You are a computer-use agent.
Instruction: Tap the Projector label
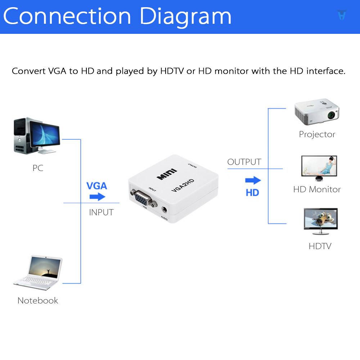click(317, 135)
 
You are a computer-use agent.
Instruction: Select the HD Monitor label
click(317, 189)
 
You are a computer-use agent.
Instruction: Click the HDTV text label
click(320, 246)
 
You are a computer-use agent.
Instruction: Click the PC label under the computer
click(38, 168)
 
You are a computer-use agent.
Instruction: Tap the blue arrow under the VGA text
click(97, 197)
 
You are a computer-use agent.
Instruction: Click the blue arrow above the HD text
click(253, 180)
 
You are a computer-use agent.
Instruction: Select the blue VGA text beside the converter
click(96, 186)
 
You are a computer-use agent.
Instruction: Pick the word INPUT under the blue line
click(101, 212)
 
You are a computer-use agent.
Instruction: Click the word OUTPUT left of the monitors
click(244, 162)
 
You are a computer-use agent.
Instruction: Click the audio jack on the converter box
click(165, 210)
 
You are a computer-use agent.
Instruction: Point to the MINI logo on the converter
click(167, 174)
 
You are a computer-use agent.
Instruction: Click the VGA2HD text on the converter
click(183, 185)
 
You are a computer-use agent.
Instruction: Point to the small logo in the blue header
click(342, 15)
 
